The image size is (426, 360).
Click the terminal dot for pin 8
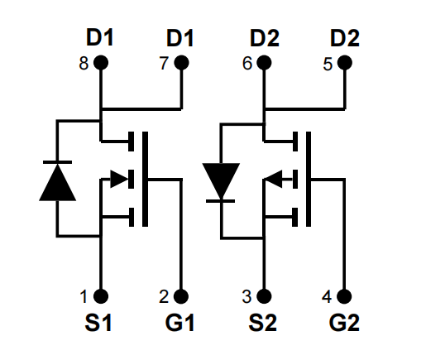point(101,63)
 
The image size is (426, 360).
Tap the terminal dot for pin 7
point(181,63)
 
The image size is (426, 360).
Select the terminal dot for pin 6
point(264,63)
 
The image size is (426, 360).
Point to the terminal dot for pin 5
point(345,63)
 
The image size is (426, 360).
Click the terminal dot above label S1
point(101,296)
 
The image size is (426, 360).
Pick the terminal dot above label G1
point(181,296)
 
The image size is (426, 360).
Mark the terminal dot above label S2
point(264,296)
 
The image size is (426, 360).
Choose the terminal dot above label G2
point(344,296)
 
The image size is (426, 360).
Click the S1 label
point(98,323)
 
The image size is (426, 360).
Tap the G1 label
point(179,323)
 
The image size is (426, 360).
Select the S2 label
point(262,323)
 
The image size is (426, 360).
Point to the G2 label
point(344,323)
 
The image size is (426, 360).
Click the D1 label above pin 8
point(99,37)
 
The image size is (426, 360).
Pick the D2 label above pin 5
point(345,37)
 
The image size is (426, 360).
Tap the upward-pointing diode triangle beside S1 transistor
point(57,182)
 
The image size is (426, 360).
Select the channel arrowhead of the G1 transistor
point(119,179)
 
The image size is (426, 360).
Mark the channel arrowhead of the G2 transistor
point(273,179)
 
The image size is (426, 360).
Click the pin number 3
point(247,297)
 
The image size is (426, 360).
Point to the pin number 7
point(164,63)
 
